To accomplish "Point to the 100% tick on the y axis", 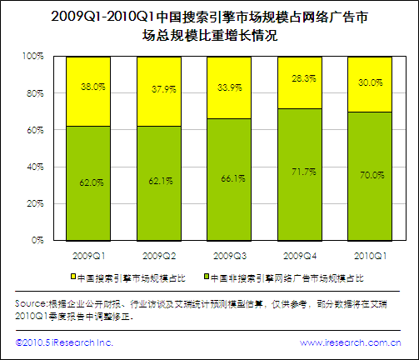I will [32, 57].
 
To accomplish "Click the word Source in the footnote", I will [31, 304].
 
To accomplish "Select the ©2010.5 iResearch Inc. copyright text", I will [63, 342].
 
